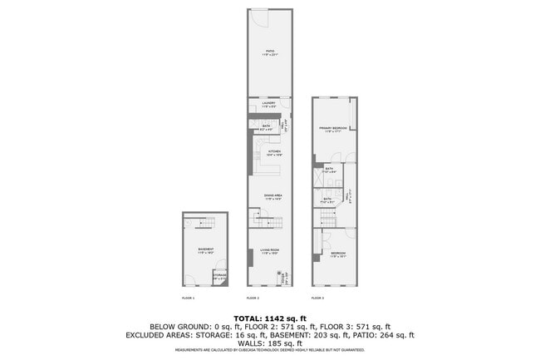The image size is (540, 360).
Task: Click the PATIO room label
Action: pyautogui.click(x=270, y=52)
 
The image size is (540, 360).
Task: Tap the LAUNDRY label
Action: pyautogui.click(x=269, y=105)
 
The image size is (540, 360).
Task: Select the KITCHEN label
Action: pyautogui.click(x=273, y=153)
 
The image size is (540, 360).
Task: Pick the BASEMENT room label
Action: pyautogui.click(x=205, y=250)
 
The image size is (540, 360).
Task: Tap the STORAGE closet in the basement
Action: pyautogui.click(x=220, y=278)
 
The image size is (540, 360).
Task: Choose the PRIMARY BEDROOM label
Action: pyautogui.click(x=333, y=129)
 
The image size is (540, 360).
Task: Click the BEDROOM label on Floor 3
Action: pyautogui.click(x=337, y=255)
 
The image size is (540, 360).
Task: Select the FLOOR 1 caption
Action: pyautogui.click(x=189, y=298)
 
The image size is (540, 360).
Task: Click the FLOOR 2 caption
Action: pyautogui.click(x=253, y=298)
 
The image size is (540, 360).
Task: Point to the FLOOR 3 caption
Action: pyautogui.click(x=317, y=298)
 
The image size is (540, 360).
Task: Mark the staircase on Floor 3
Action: pyautogui.click(x=326, y=217)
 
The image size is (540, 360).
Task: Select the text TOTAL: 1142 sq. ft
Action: pyautogui.click(x=270, y=318)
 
